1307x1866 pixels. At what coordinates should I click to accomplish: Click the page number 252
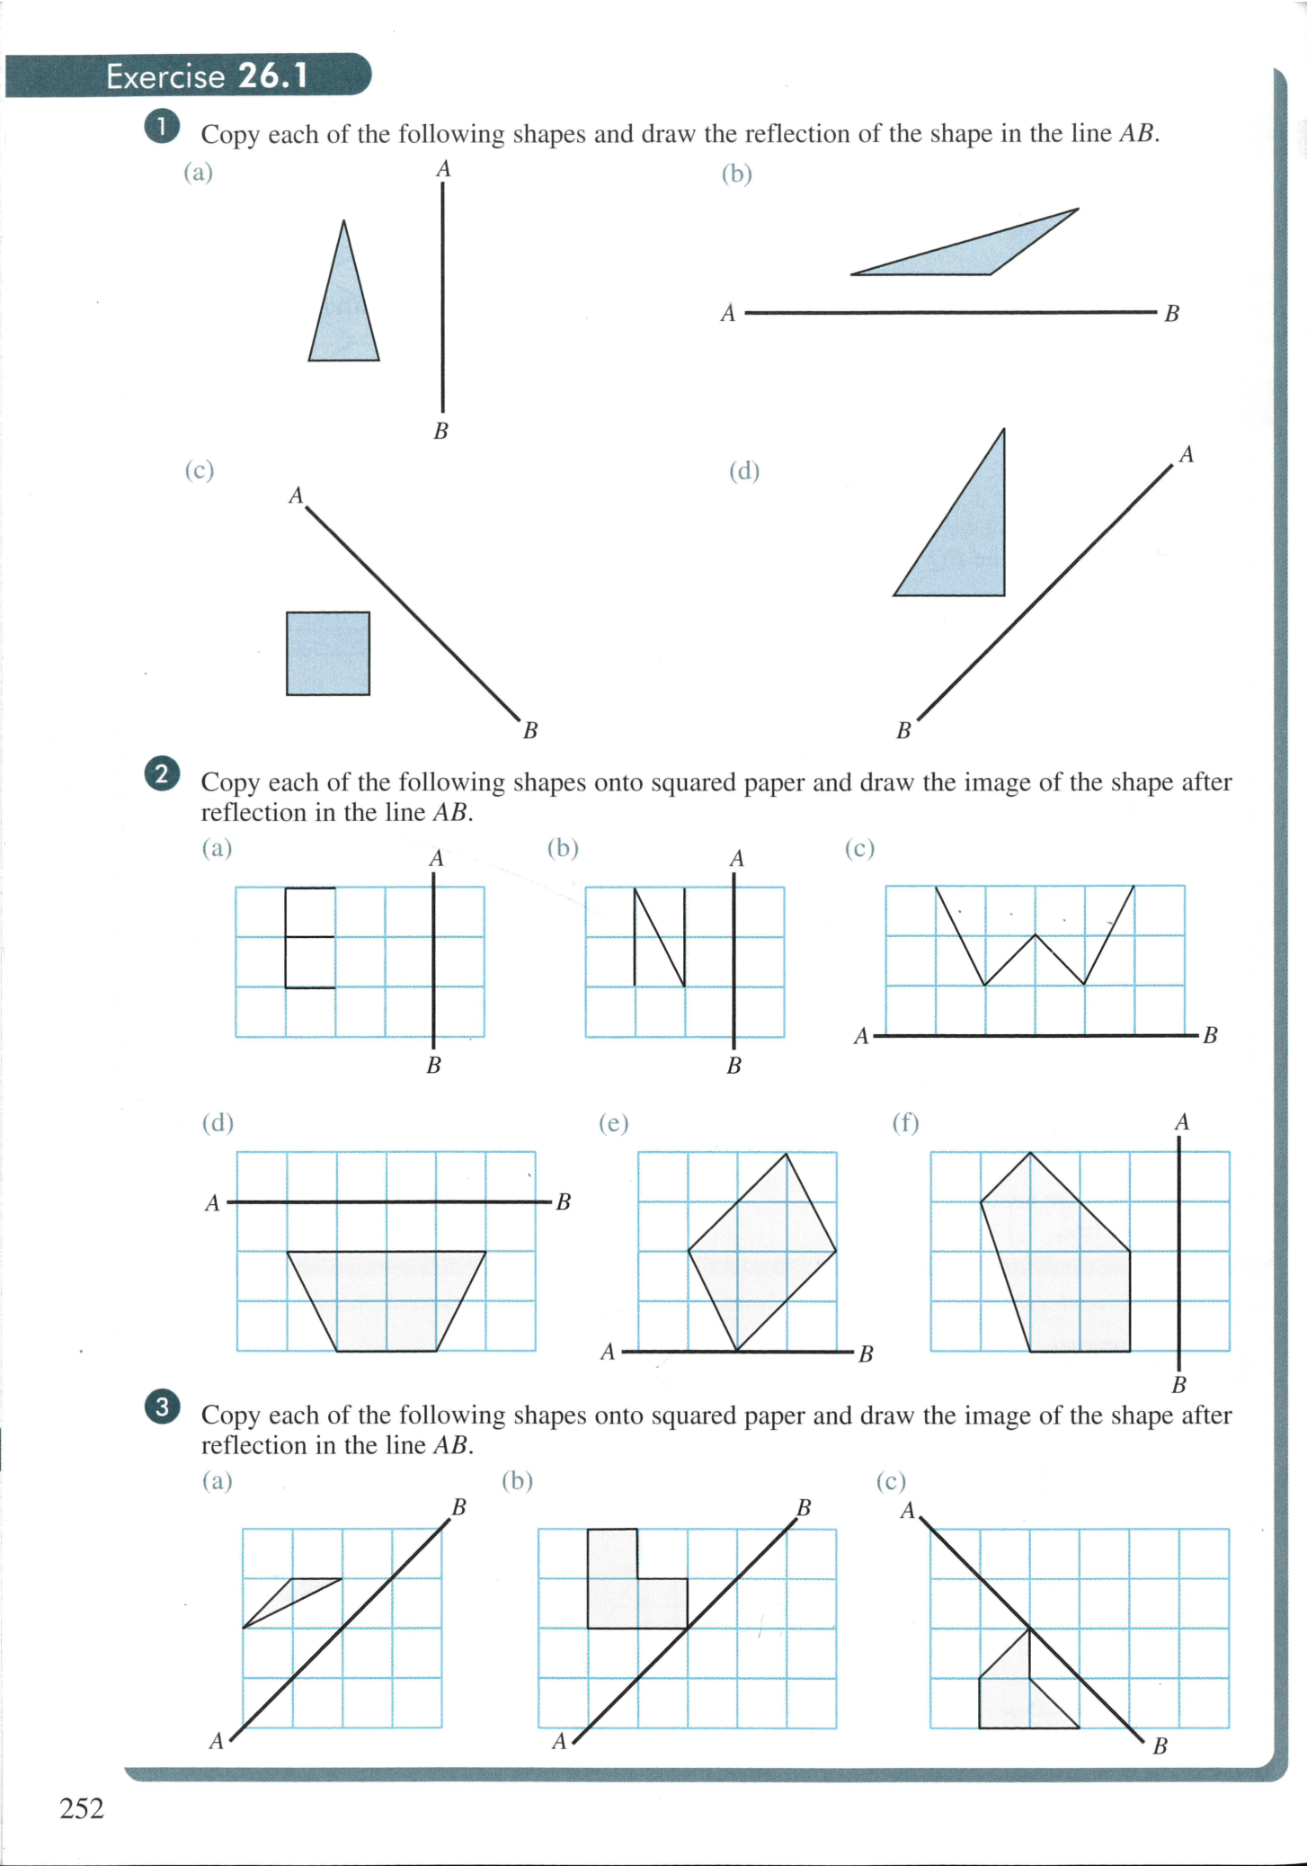coord(82,1808)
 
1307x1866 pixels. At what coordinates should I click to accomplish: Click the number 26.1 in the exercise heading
coord(272,76)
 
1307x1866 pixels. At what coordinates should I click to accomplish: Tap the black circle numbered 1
coord(161,127)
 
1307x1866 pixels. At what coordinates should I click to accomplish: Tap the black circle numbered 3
coord(161,1406)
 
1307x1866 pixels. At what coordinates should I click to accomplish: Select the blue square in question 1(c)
coord(328,654)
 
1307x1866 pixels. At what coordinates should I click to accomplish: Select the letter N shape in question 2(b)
coord(660,937)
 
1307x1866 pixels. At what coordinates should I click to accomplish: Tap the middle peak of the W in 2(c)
coord(1035,937)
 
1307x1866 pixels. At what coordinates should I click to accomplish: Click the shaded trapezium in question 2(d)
coord(387,1299)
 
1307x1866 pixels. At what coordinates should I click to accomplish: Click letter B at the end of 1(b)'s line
coord(1171,314)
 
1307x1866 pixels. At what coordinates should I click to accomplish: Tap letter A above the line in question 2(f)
coord(1181,1122)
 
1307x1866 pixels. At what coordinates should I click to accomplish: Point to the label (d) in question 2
coord(218,1122)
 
